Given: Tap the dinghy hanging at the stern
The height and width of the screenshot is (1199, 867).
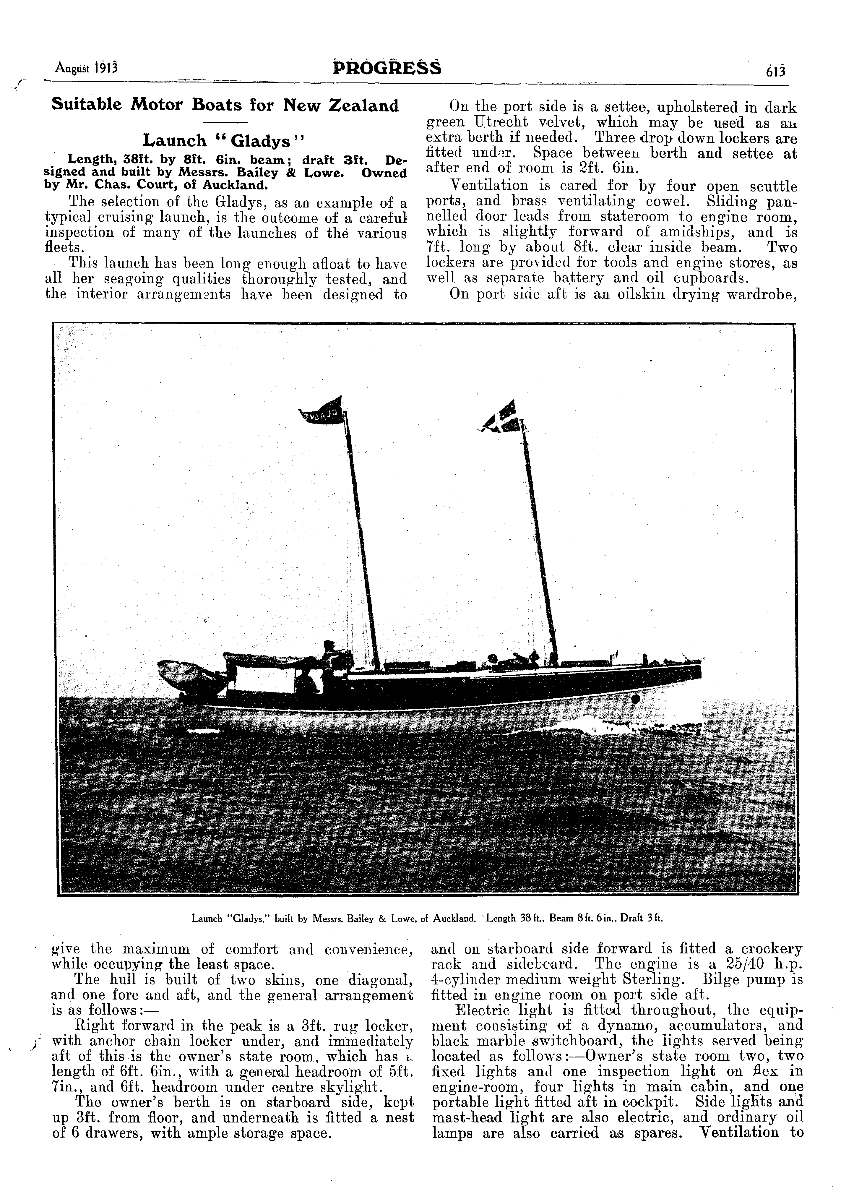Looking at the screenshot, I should pos(188,672).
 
